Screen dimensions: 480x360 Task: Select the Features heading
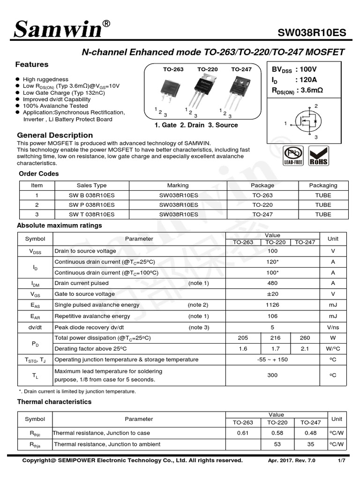pyautogui.click(x=32, y=65)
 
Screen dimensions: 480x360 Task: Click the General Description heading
pyautogui.click(x=55, y=135)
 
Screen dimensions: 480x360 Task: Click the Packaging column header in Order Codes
pyautogui.click(x=323, y=185)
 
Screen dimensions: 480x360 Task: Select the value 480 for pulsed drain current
pyautogui.click(x=272, y=283)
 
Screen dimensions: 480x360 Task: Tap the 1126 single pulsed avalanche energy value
pyautogui.click(x=272, y=305)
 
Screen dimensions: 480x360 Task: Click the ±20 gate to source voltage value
pyautogui.click(x=272, y=294)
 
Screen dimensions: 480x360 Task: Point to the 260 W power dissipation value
pyautogui.click(x=305, y=338)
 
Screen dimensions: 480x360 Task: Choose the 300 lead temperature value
pyautogui.click(x=272, y=375)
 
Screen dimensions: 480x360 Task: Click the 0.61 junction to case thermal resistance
pyautogui.click(x=242, y=433)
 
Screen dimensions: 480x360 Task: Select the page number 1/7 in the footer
pyautogui.click(x=341, y=461)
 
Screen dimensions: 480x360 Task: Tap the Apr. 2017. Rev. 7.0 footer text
pyautogui.click(x=292, y=461)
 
